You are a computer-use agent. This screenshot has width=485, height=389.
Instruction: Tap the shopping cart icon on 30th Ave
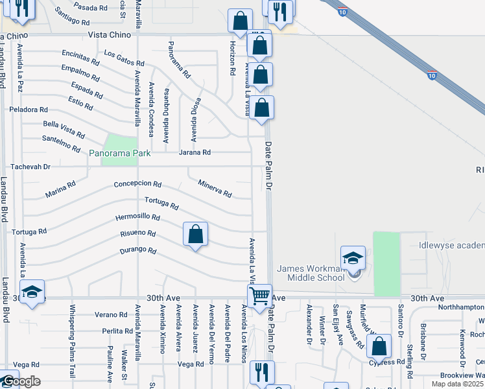pyautogui.click(x=260, y=296)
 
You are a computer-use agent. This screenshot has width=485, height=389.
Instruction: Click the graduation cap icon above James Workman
pyautogui.click(x=353, y=257)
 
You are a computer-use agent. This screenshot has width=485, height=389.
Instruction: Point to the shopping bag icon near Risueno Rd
pyautogui.click(x=195, y=234)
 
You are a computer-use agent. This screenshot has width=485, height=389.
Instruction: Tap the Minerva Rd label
pyautogui.click(x=215, y=189)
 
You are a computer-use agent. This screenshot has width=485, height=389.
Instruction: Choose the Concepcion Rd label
pyautogui.click(x=137, y=184)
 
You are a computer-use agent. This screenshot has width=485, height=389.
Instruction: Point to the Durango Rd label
pyautogui.click(x=138, y=250)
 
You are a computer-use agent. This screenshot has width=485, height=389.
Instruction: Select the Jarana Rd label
pyautogui.click(x=195, y=152)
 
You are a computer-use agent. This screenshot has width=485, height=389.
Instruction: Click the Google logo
pyautogui.click(x=20, y=381)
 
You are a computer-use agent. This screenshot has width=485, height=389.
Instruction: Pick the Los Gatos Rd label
pyautogui.click(x=123, y=58)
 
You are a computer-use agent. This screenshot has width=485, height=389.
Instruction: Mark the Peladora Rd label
pyautogui.click(x=28, y=110)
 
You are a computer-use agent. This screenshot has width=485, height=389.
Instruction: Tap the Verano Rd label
pyautogui.click(x=108, y=314)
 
